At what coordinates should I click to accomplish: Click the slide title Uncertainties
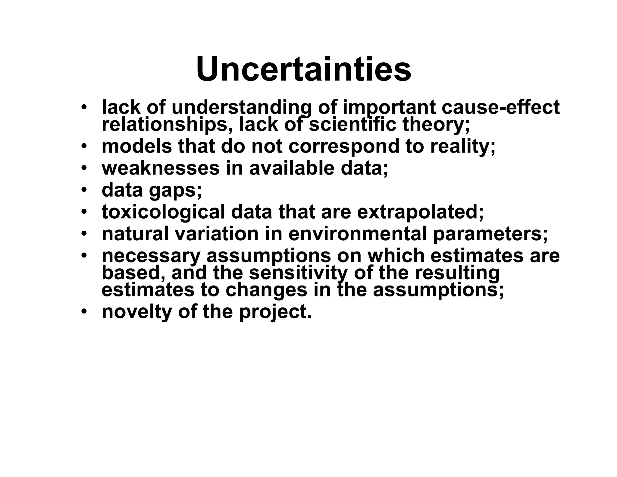point(303,69)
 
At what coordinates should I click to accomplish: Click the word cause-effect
point(500,107)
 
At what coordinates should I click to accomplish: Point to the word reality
point(462,147)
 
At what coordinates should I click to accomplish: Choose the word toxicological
point(163,212)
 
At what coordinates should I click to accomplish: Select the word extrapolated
point(420,212)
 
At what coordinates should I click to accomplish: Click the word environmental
point(357,234)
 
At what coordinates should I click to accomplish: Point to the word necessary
point(151,256)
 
